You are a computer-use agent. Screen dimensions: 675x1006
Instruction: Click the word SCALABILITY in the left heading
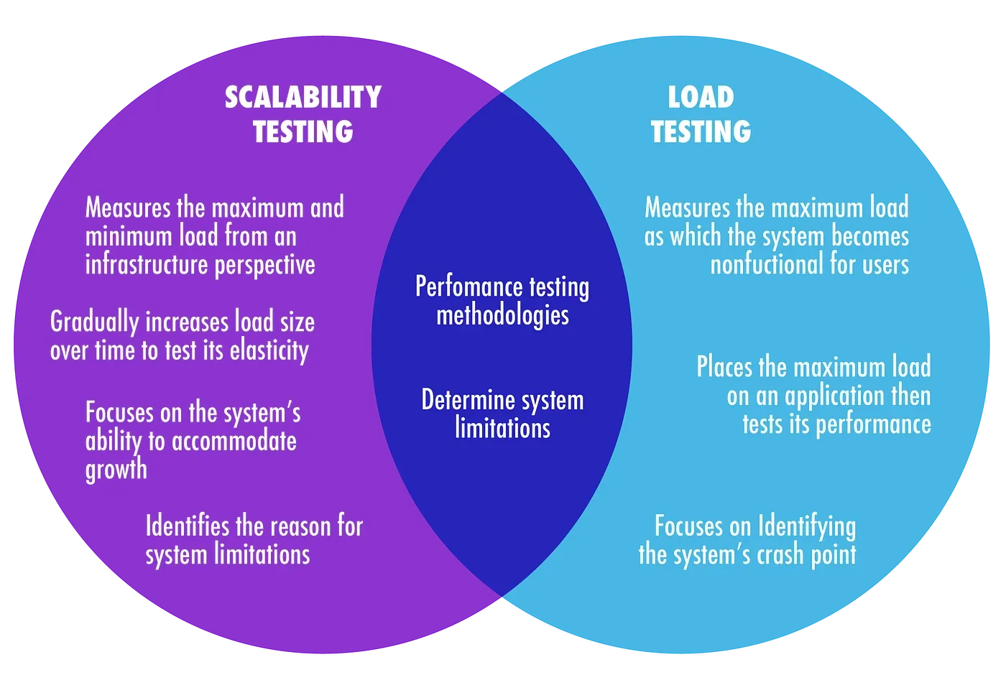[x=303, y=97]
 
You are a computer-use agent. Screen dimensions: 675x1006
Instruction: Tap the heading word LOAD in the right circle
[x=701, y=97]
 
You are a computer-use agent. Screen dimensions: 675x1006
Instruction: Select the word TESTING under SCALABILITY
[x=303, y=131]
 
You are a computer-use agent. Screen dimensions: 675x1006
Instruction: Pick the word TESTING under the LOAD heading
[x=701, y=131]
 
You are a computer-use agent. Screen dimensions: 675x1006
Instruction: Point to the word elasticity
[x=269, y=351]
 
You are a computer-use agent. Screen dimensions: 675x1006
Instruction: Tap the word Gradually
[x=95, y=322]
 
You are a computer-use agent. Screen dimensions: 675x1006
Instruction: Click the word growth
[x=116, y=470]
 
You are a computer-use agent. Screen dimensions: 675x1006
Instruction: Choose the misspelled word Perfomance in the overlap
[x=469, y=287]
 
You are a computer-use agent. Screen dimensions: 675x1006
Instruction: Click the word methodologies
[x=502, y=315]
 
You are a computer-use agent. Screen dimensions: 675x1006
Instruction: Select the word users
[x=887, y=264]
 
